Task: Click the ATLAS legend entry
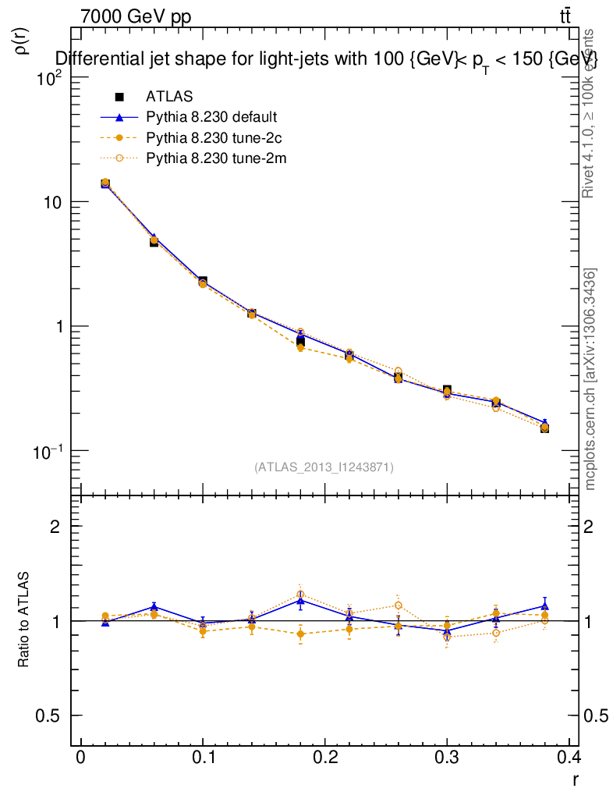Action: [169, 97]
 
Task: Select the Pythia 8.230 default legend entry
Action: [211, 118]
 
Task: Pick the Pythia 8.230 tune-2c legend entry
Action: [211, 138]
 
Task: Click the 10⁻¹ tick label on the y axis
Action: [48, 451]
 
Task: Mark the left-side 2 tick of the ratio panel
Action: [57, 527]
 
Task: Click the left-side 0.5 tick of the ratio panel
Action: [51, 716]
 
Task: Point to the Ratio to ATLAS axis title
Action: [24, 620]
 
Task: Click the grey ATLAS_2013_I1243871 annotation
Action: [324, 467]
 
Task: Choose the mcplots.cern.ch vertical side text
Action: [591, 379]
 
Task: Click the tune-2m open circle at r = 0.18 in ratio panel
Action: [300, 595]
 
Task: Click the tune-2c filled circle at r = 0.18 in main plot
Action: [300, 348]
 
